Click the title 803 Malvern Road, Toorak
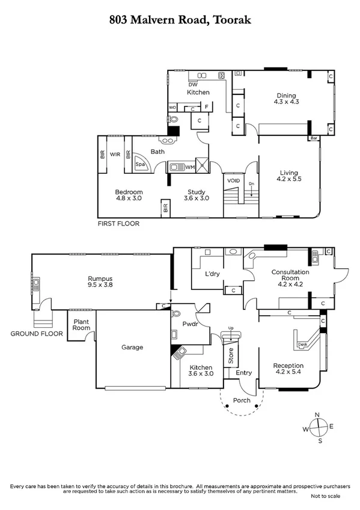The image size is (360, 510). pos(180,20)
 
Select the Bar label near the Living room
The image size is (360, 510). pos(314,138)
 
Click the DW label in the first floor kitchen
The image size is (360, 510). pos(193,85)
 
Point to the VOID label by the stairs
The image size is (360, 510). pos(233,180)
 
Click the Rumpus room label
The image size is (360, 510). pos(99,278)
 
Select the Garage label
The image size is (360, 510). pos(131,347)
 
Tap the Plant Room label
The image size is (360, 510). pos(81,325)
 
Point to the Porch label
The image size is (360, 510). pos(241,401)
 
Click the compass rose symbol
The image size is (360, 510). pos(320,428)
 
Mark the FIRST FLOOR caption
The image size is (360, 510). pos(118,223)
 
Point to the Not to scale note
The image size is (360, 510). pos(325,496)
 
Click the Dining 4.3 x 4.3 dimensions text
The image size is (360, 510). pos(287,102)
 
